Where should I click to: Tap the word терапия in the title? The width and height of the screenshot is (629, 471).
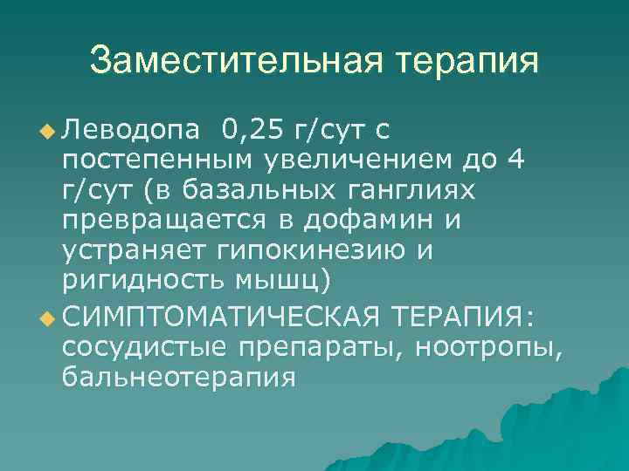coord(468,62)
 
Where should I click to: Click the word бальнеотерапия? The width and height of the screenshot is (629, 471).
coord(179,379)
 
